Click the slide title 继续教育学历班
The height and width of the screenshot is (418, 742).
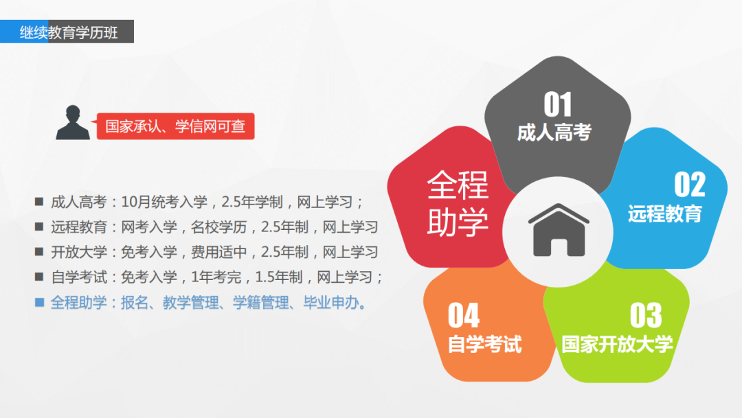[69, 33]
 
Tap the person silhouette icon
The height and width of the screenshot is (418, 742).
[73, 122]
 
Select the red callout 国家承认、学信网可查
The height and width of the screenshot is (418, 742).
[175, 126]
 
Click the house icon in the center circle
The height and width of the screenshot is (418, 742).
[559, 231]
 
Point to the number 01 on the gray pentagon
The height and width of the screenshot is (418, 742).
[558, 104]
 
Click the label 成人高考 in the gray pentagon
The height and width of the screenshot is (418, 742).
[554, 132]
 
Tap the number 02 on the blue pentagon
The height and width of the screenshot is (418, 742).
[690, 185]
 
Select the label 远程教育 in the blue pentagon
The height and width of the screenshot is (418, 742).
[665, 213]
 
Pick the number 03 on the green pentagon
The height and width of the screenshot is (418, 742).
[646, 316]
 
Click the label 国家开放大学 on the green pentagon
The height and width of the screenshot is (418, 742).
[617, 345]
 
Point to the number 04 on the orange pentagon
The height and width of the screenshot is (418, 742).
[464, 316]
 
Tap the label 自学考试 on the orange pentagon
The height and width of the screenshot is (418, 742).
[485, 345]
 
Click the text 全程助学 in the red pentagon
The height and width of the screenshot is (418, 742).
[458, 203]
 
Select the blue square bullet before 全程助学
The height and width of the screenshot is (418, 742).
[40, 302]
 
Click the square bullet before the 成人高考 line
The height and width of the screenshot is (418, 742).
[39, 201]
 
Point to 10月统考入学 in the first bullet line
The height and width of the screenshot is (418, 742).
[164, 202]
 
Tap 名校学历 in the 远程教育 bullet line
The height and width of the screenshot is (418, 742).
[218, 227]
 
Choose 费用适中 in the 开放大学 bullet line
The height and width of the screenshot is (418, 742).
[218, 252]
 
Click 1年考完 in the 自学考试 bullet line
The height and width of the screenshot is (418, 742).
[216, 277]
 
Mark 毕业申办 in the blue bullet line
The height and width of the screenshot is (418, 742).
[330, 302]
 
